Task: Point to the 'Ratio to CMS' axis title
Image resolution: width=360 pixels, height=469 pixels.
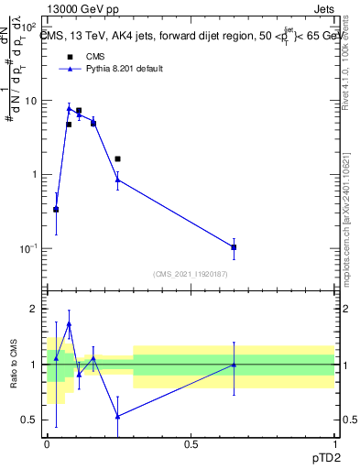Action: [x=15, y=365]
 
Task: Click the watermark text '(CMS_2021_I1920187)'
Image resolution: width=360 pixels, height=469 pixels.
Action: [x=190, y=274]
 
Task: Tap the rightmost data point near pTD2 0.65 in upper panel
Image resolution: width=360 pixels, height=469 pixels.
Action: [x=235, y=247]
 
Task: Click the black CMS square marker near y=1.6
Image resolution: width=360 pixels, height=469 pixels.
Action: [x=117, y=158]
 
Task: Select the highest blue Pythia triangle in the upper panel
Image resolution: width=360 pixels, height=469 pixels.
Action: [x=69, y=109]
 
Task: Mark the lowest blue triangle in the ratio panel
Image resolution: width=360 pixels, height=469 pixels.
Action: [x=117, y=416]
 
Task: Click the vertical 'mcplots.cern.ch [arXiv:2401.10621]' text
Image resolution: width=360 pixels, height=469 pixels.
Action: [x=352, y=221]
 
